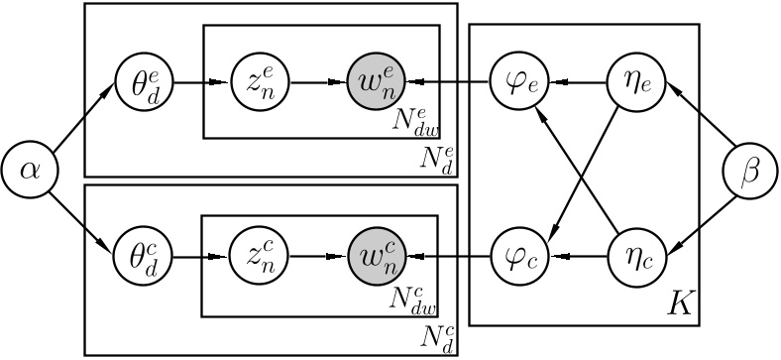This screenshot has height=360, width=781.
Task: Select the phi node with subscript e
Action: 516,76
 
